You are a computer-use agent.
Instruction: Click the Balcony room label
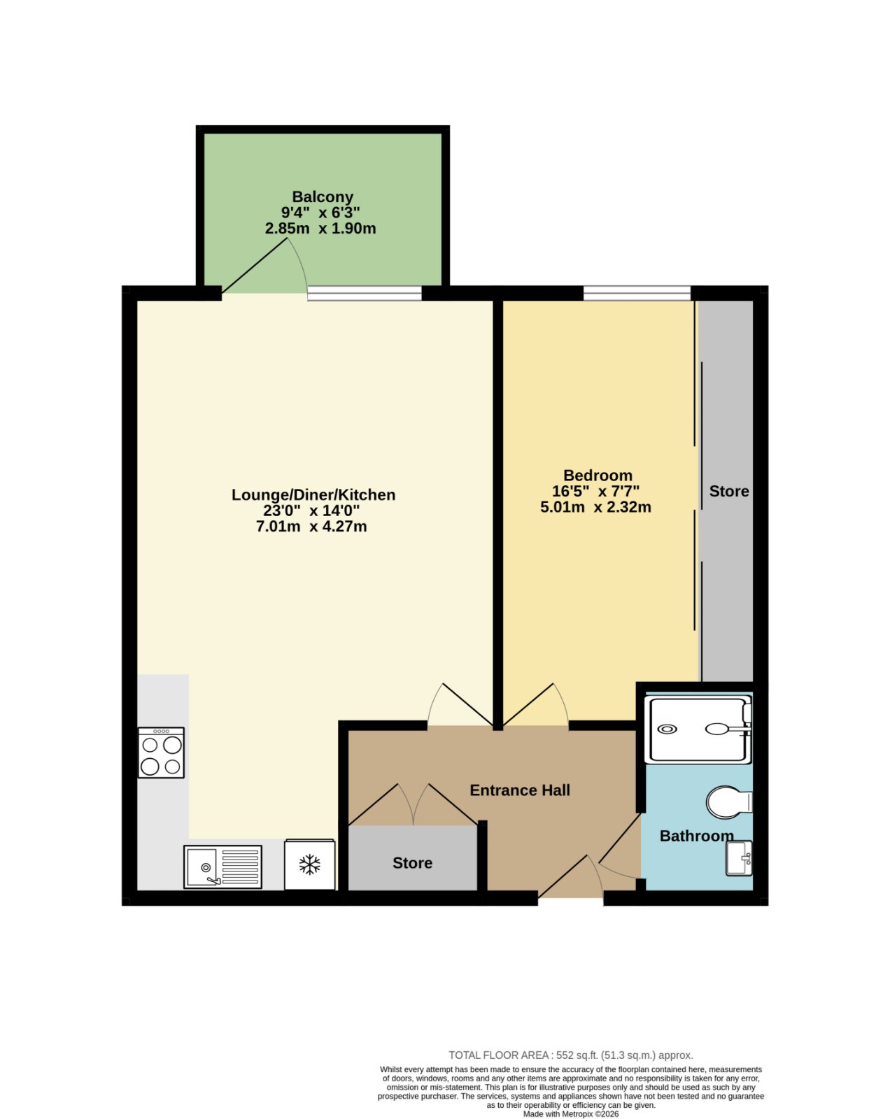[x=323, y=197]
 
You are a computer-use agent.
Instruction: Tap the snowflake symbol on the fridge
[x=309, y=864]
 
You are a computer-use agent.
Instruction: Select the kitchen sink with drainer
[x=222, y=867]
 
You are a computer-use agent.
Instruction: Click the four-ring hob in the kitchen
[x=161, y=753]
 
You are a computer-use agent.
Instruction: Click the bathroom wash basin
[x=739, y=858]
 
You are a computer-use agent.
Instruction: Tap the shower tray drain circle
[x=667, y=729]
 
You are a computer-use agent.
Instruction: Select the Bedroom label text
[x=598, y=476]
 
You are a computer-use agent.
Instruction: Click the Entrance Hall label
[x=520, y=790]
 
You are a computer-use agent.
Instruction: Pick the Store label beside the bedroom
[x=729, y=491]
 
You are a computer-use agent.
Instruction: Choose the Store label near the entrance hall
[x=413, y=863]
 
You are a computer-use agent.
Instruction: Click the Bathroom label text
[x=696, y=836]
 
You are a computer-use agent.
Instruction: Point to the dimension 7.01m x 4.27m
[x=311, y=527]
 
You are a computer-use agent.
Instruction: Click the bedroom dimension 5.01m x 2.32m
[x=595, y=507]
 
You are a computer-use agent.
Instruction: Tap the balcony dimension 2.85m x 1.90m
[x=320, y=228]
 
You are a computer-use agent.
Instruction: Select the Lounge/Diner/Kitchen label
[x=313, y=494]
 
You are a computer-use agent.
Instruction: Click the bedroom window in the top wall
[x=637, y=293]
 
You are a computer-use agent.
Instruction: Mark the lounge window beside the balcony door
[x=364, y=293]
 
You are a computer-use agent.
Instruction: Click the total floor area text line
[x=571, y=1055]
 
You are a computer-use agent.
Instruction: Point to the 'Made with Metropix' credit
[x=571, y=1114]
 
